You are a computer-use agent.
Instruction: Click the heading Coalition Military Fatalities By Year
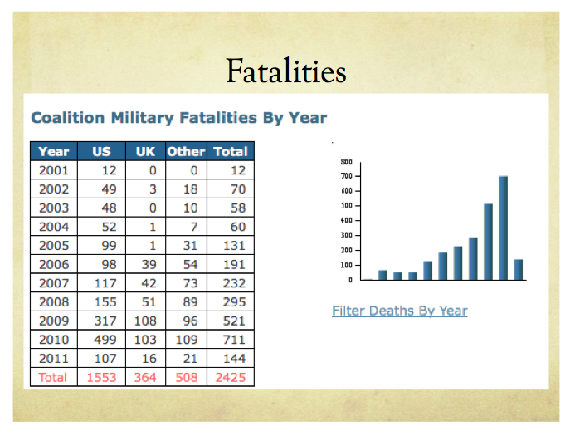[178, 118]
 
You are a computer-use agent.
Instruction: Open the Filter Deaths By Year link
[399, 311]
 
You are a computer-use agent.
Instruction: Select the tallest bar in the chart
[503, 228]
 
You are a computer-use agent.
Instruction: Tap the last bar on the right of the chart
[518, 269]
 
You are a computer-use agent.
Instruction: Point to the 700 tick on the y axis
[347, 176]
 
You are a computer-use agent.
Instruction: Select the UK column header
[145, 151]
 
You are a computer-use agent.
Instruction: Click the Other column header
[185, 151]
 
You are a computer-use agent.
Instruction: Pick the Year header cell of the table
[54, 151]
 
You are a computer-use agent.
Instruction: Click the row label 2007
[54, 282]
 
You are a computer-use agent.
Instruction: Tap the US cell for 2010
[101, 340]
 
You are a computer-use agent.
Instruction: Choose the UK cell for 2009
[145, 321]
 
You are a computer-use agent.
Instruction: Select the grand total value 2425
[231, 377]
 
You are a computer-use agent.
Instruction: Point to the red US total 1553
[101, 377]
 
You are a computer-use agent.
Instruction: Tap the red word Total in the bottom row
[54, 377]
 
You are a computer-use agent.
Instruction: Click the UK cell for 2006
[145, 264]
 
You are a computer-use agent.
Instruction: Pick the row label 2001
[54, 170]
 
